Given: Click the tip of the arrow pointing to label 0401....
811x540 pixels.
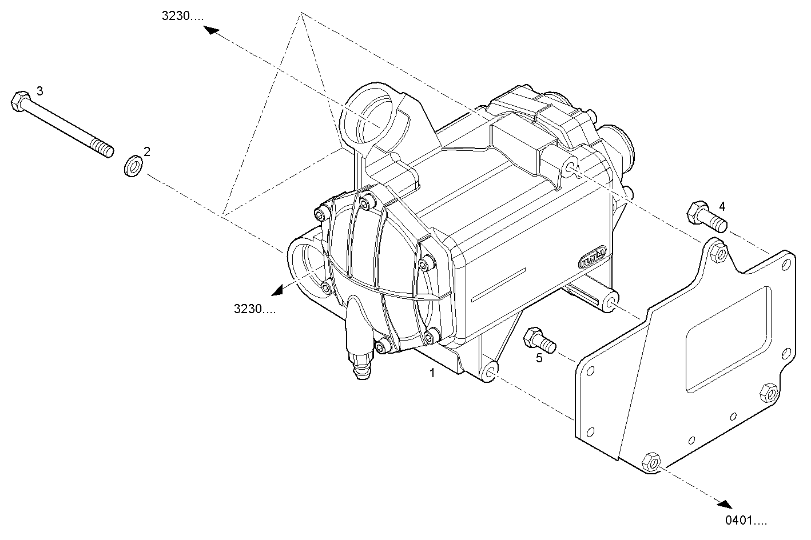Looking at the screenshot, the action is [x=732, y=509].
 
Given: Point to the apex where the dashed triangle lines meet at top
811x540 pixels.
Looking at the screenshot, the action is [x=300, y=13].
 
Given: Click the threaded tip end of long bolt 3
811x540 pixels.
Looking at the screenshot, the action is [x=109, y=152].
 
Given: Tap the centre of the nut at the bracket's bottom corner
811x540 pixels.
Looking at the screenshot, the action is [x=651, y=463].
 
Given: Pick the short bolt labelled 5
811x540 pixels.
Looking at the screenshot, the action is [x=539, y=341].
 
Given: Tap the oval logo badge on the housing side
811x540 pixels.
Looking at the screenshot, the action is [x=592, y=257].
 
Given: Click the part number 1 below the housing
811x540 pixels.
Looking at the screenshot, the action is [x=432, y=373].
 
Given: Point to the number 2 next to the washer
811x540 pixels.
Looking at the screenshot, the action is [x=146, y=151].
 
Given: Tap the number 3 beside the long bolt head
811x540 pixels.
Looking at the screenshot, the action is [x=40, y=91].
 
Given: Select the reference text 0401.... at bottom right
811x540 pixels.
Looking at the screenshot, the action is [x=746, y=521].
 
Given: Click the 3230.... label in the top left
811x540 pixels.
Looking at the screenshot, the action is [x=182, y=16].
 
